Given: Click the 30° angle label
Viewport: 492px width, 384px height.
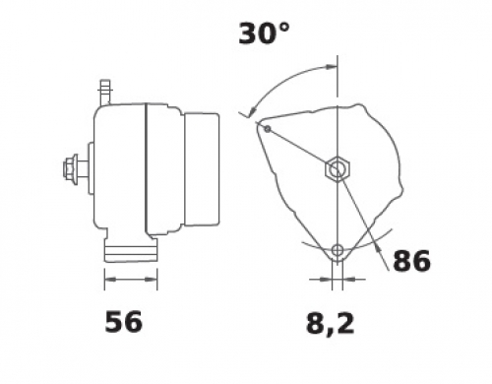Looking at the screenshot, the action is point(264,33).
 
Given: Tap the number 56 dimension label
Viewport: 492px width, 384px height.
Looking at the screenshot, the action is point(123,322).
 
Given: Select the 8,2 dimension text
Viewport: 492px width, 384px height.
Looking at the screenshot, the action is point(331,324).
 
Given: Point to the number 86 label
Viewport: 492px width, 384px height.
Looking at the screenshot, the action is point(411,261).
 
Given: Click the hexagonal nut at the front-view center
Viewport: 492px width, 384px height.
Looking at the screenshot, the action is point(338,168).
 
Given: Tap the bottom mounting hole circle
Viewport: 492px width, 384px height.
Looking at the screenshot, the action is point(338,251).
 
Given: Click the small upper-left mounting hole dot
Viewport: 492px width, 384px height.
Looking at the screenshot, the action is point(268,129).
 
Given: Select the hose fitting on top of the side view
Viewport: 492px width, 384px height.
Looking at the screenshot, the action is point(105,92).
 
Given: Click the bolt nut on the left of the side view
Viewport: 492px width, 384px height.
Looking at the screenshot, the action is point(71,169).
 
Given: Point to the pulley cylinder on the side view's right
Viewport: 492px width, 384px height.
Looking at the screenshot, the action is point(202,169).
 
